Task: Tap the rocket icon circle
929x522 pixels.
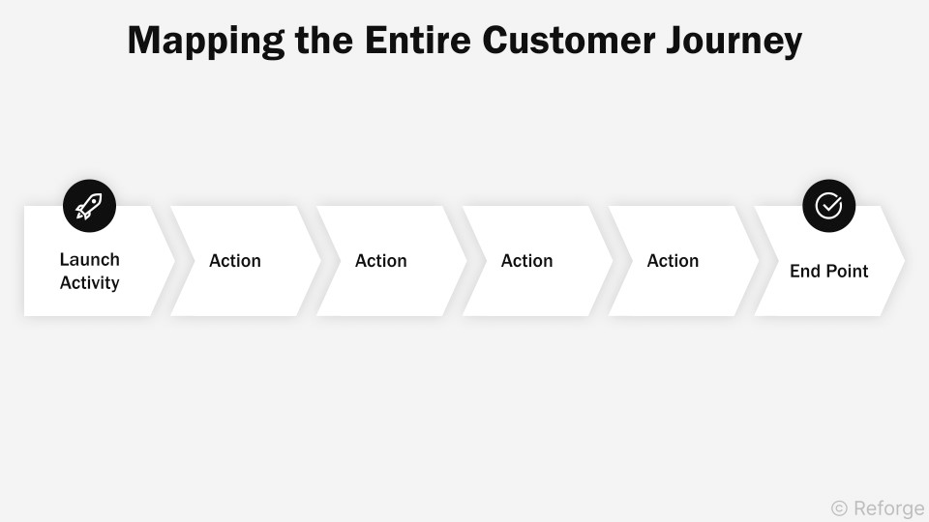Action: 89,206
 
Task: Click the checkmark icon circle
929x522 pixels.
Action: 828,206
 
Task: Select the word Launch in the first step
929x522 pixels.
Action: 90,259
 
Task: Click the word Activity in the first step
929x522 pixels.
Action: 90,283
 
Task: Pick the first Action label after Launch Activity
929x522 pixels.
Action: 235,261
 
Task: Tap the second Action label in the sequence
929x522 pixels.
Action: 381,261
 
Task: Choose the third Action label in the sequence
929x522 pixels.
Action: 527,261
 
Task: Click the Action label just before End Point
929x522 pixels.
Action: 674,261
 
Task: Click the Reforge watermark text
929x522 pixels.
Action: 888,508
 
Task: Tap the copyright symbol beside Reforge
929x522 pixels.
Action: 839,508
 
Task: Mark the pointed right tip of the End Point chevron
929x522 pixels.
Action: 903,261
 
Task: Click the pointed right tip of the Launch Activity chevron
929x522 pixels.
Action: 173,261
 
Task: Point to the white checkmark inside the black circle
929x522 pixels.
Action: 828,206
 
